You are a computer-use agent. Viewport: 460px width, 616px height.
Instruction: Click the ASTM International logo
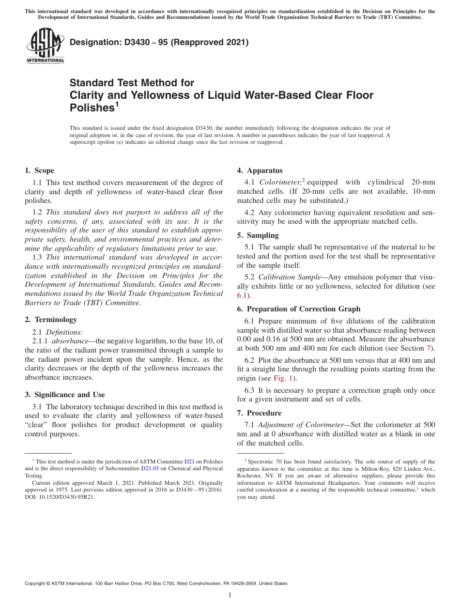pyautogui.click(x=45, y=47)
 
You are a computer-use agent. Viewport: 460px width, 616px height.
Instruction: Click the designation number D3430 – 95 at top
pyautogui.click(x=159, y=43)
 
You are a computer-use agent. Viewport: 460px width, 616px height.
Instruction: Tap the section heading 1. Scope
pyautogui.click(x=39, y=170)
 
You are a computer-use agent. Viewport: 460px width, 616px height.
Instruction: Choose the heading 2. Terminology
pyautogui.click(x=50, y=320)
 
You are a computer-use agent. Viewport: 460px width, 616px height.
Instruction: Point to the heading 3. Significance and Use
pyautogui.click(x=64, y=395)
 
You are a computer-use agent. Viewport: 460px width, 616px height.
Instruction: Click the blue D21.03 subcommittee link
pyautogui.click(x=150, y=469)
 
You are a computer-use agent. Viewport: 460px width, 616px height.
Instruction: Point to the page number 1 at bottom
pyautogui.click(x=230, y=595)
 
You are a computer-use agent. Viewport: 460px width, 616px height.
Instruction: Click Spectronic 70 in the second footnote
pyautogui.click(x=261, y=462)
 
